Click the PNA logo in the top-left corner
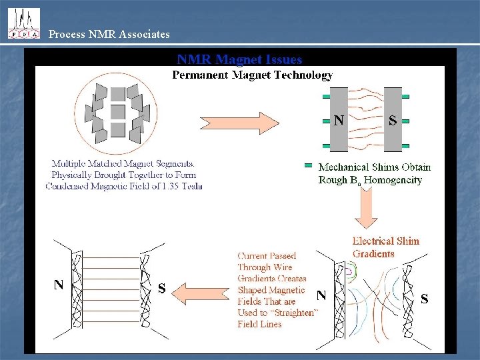23,23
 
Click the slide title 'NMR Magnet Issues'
239,60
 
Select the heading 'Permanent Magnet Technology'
252,75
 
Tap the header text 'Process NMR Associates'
109,34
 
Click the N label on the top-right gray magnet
339,121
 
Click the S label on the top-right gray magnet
393,121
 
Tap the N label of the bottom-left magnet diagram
59,285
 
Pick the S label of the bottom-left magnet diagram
161,289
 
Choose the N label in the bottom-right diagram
321,294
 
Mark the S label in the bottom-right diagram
424,300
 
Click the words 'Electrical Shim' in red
386,241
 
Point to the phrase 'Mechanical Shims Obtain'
374,167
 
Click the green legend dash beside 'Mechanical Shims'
308,165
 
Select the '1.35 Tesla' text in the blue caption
179,186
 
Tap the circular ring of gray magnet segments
117,114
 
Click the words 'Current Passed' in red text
267,256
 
